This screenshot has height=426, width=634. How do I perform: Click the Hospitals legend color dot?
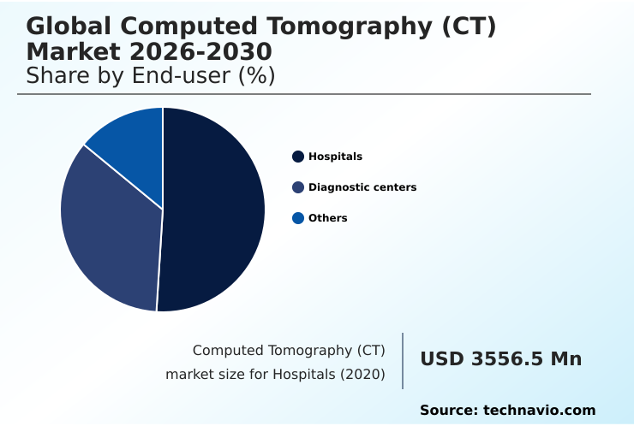(x=298, y=157)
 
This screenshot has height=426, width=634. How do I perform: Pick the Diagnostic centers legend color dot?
(x=298, y=187)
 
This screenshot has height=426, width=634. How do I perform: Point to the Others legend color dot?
(x=298, y=218)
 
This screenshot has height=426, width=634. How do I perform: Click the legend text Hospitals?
(x=335, y=157)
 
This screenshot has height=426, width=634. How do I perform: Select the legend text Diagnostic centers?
(x=362, y=187)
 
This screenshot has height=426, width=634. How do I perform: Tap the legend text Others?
(x=328, y=218)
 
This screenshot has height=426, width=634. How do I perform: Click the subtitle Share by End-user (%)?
(x=150, y=76)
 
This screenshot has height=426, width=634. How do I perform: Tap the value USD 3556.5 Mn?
(x=500, y=359)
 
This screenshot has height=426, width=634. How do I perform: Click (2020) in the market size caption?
(x=363, y=375)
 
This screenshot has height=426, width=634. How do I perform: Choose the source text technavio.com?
(x=539, y=411)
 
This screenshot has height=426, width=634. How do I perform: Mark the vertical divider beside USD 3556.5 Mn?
(x=403, y=360)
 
